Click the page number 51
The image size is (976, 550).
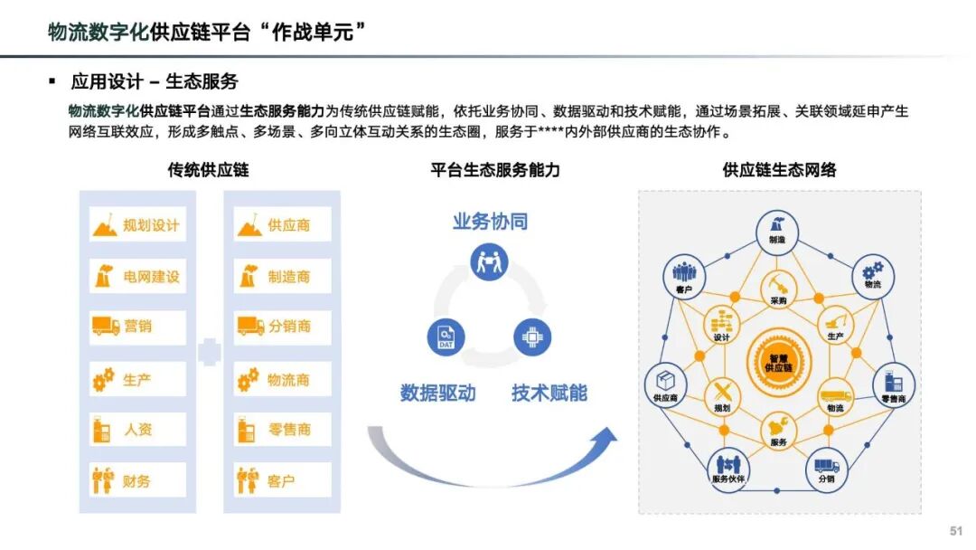[x=956, y=530]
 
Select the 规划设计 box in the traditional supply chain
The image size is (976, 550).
[x=137, y=225]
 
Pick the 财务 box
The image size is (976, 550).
[x=137, y=480]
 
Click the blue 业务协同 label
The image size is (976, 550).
[x=490, y=222]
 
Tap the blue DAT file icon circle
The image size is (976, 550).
[x=445, y=337]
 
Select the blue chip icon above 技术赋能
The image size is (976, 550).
[x=532, y=337]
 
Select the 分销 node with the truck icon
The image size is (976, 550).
[x=826, y=467]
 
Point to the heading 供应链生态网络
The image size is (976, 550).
[x=779, y=171]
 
